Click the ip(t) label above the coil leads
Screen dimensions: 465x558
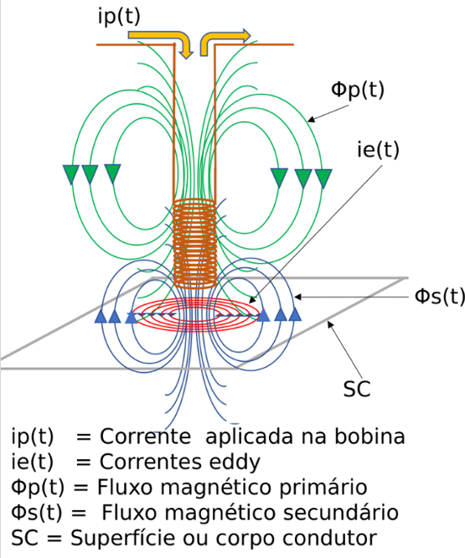119,17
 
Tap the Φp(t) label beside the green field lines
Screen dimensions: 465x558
358,90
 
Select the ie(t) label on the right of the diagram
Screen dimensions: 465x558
378,149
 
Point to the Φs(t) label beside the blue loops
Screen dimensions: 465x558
440,296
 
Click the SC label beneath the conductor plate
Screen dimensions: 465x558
356,389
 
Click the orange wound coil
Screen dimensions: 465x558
194,243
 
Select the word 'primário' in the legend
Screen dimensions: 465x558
323,487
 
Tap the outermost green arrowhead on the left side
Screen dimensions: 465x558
71,174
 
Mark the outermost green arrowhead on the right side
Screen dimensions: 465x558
323,178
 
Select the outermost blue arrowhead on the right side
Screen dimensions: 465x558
295,313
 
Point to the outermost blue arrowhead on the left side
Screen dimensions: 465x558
101,316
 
